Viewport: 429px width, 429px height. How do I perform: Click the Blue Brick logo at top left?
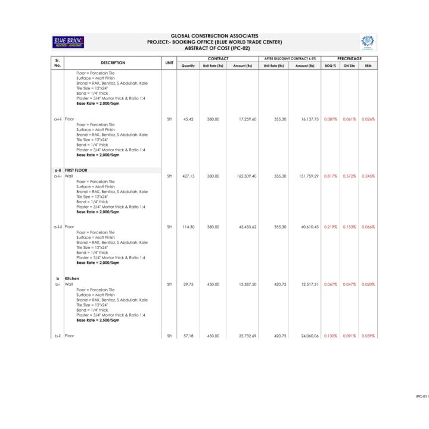click(x=69, y=42)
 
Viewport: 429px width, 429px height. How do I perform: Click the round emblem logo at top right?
click(x=367, y=42)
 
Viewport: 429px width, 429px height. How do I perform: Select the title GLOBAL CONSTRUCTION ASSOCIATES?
click(x=214, y=36)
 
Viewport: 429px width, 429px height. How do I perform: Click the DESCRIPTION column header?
click(x=113, y=62)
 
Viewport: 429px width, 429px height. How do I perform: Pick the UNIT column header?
click(x=169, y=62)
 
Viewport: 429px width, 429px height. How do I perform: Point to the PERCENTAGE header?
click(x=349, y=58)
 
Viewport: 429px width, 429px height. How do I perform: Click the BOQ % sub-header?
click(x=330, y=66)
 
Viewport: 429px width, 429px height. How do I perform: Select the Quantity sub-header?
click(x=188, y=66)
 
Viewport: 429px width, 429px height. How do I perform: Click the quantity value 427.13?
click(x=188, y=176)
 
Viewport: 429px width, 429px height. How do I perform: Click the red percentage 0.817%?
click(x=330, y=176)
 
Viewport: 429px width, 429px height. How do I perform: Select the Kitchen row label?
click(x=71, y=279)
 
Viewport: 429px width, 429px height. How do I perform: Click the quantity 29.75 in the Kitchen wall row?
click(x=188, y=284)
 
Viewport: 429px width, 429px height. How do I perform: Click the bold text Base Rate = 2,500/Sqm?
click(x=98, y=320)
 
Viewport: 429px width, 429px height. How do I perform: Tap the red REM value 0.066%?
click(x=368, y=227)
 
